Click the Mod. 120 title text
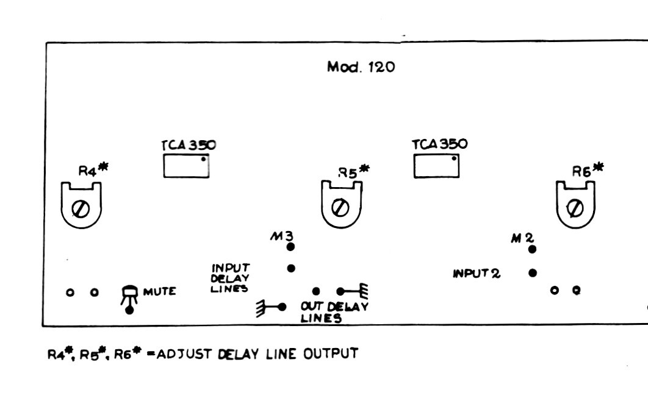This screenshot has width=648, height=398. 361,67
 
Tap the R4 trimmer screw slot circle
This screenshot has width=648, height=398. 81,209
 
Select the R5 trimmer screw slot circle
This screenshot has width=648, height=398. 340,208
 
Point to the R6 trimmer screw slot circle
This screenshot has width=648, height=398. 575,208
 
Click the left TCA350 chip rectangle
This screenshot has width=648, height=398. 186,166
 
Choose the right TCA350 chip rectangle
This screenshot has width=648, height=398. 436,166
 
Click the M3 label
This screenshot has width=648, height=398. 282,236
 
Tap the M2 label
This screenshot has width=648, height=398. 523,238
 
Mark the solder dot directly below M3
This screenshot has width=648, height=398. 290,247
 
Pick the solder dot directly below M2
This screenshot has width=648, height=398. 532,249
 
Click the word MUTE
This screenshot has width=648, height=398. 159,291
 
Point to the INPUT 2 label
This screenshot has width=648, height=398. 477,273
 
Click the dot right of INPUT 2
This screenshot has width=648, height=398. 533,273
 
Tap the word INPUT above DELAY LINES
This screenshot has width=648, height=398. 231,268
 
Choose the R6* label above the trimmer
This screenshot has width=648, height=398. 587,169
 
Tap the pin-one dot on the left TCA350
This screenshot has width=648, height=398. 203,159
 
